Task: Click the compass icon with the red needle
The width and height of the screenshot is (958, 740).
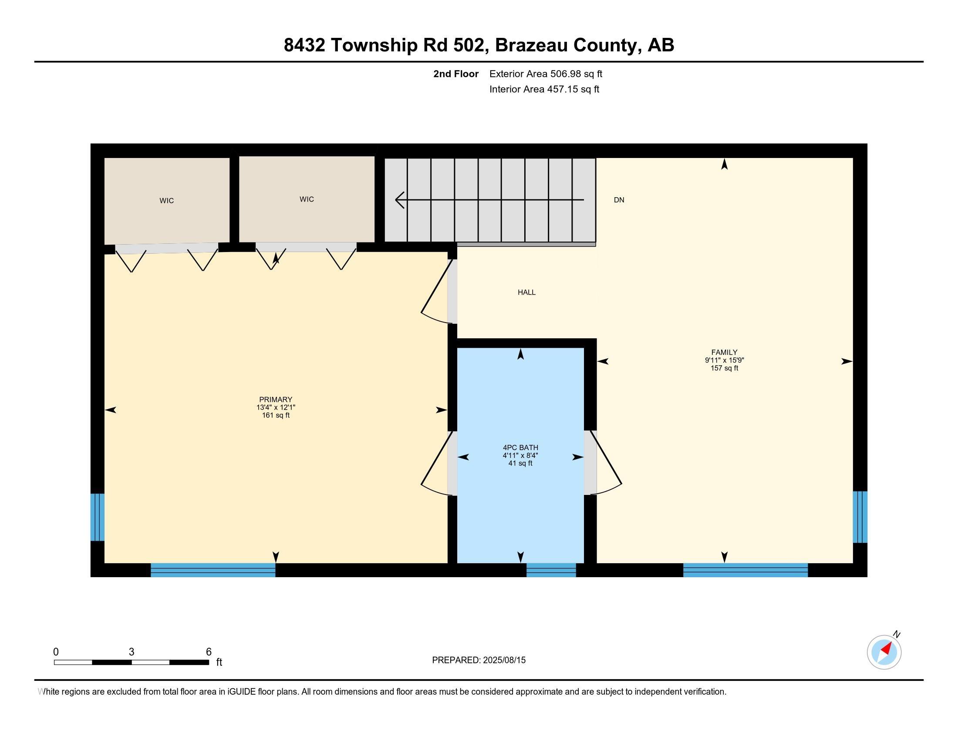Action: (x=884, y=652)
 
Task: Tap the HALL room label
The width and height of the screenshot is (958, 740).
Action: (x=526, y=293)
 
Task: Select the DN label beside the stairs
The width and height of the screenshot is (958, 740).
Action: (x=618, y=200)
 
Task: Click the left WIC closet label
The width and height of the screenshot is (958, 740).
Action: (x=167, y=201)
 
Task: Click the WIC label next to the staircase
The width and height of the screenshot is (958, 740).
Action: (x=307, y=199)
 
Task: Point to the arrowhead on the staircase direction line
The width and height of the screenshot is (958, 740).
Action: (x=399, y=200)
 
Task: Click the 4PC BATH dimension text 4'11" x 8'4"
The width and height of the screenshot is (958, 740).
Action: (x=520, y=455)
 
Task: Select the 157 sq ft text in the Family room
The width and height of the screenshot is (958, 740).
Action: (x=724, y=368)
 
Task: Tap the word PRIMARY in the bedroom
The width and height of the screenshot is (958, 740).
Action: (x=276, y=399)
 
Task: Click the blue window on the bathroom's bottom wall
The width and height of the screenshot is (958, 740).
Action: (x=551, y=570)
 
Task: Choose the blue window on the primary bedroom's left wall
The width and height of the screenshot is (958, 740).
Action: (x=98, y=517)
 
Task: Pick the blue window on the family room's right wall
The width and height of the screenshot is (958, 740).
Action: (x=860, y=517)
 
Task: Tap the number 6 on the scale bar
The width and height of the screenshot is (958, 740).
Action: (x=209, y=652)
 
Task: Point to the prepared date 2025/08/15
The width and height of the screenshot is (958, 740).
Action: (x=503, y=660)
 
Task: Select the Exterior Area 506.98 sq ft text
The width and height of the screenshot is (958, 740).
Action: (x=546, y=74)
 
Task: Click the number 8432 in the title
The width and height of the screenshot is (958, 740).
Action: (x=304, y=45)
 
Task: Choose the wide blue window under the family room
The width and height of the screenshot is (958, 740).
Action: (x=745, y=570)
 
